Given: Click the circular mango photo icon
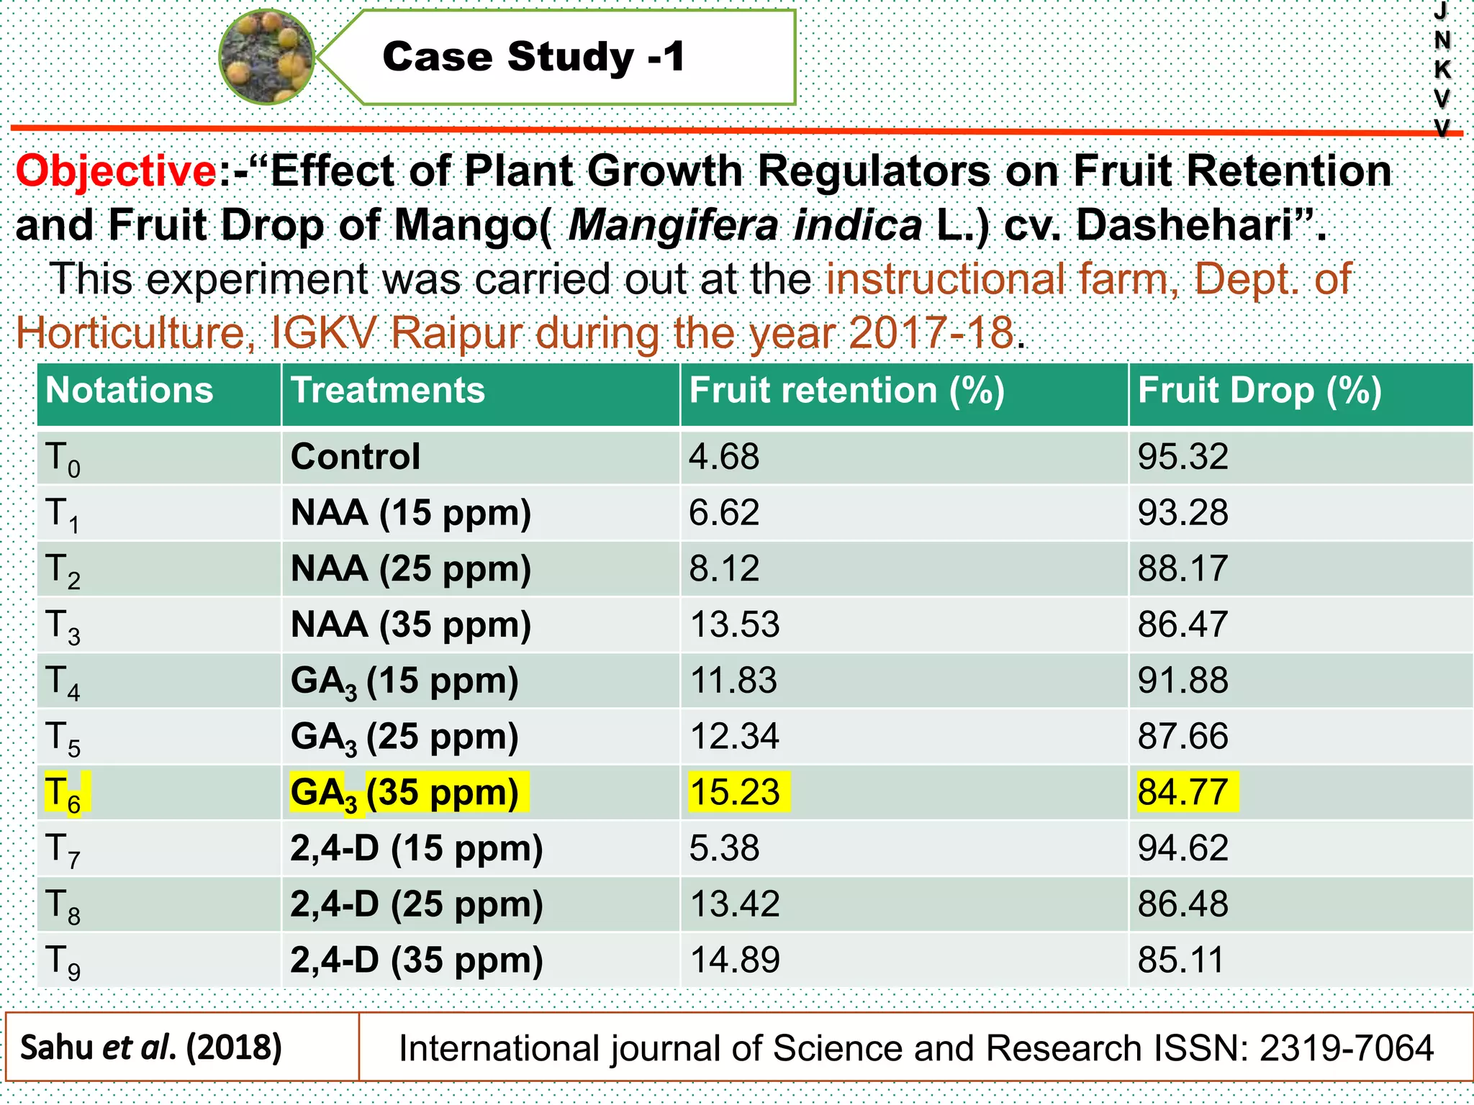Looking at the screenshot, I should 267,57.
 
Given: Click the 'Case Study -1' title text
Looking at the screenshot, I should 533,57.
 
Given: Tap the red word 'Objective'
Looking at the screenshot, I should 115,171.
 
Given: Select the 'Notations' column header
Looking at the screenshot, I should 130,391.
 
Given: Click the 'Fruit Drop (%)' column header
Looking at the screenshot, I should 1259,391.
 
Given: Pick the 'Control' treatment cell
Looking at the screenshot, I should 355,457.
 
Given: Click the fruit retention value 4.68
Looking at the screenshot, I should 723,457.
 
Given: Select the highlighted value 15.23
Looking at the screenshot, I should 735,792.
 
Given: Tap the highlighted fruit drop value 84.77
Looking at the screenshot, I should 1183,792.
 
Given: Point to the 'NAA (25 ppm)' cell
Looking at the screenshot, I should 410,569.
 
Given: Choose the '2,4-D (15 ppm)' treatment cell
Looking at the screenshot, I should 416,849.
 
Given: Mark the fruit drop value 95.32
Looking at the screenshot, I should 1183,457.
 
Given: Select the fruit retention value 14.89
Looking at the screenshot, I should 735,960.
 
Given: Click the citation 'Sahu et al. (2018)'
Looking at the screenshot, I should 151,1047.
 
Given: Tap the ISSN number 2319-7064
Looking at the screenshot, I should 1346,1048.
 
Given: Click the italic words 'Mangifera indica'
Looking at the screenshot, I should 744,225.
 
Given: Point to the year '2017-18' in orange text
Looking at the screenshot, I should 931,333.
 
